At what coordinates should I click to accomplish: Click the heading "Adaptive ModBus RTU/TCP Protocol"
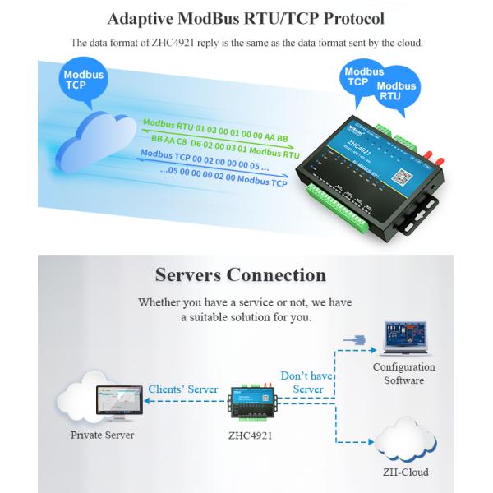[246, 17]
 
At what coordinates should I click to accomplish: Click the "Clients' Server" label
[183, 389]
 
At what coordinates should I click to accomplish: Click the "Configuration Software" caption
[403, 373]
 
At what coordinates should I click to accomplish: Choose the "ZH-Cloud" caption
[403, 472]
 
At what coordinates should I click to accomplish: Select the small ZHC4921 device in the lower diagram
[251, 400]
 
